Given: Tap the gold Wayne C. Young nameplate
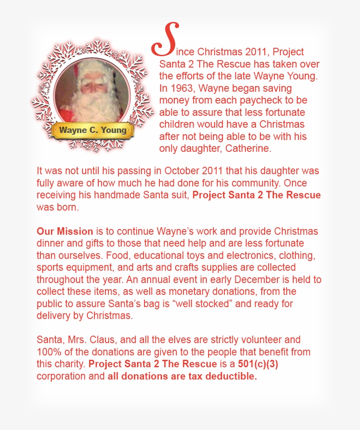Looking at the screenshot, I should coord(92,130).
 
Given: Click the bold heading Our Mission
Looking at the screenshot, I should coord(65,231).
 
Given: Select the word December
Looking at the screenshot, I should coord(241,279).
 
